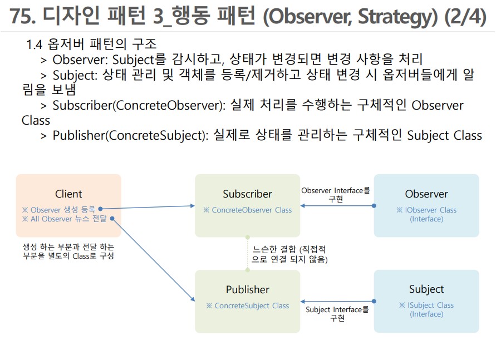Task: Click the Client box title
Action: point(68,194)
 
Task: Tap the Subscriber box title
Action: point(247,194)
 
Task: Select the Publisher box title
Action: point(247,289)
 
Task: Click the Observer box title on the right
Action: point(426,194)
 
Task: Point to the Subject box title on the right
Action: point(426,289)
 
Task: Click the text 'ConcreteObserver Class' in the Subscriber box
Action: point(247,210)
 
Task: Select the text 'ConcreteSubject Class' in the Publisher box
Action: point(247,305)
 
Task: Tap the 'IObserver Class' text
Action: point(426,210)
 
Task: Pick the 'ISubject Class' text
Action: point(426,305)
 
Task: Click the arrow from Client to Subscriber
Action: point(148,208)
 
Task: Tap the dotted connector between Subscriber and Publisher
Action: point(248,254)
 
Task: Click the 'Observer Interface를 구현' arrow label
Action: point(336,194)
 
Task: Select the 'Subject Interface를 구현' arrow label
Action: point(337,314)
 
